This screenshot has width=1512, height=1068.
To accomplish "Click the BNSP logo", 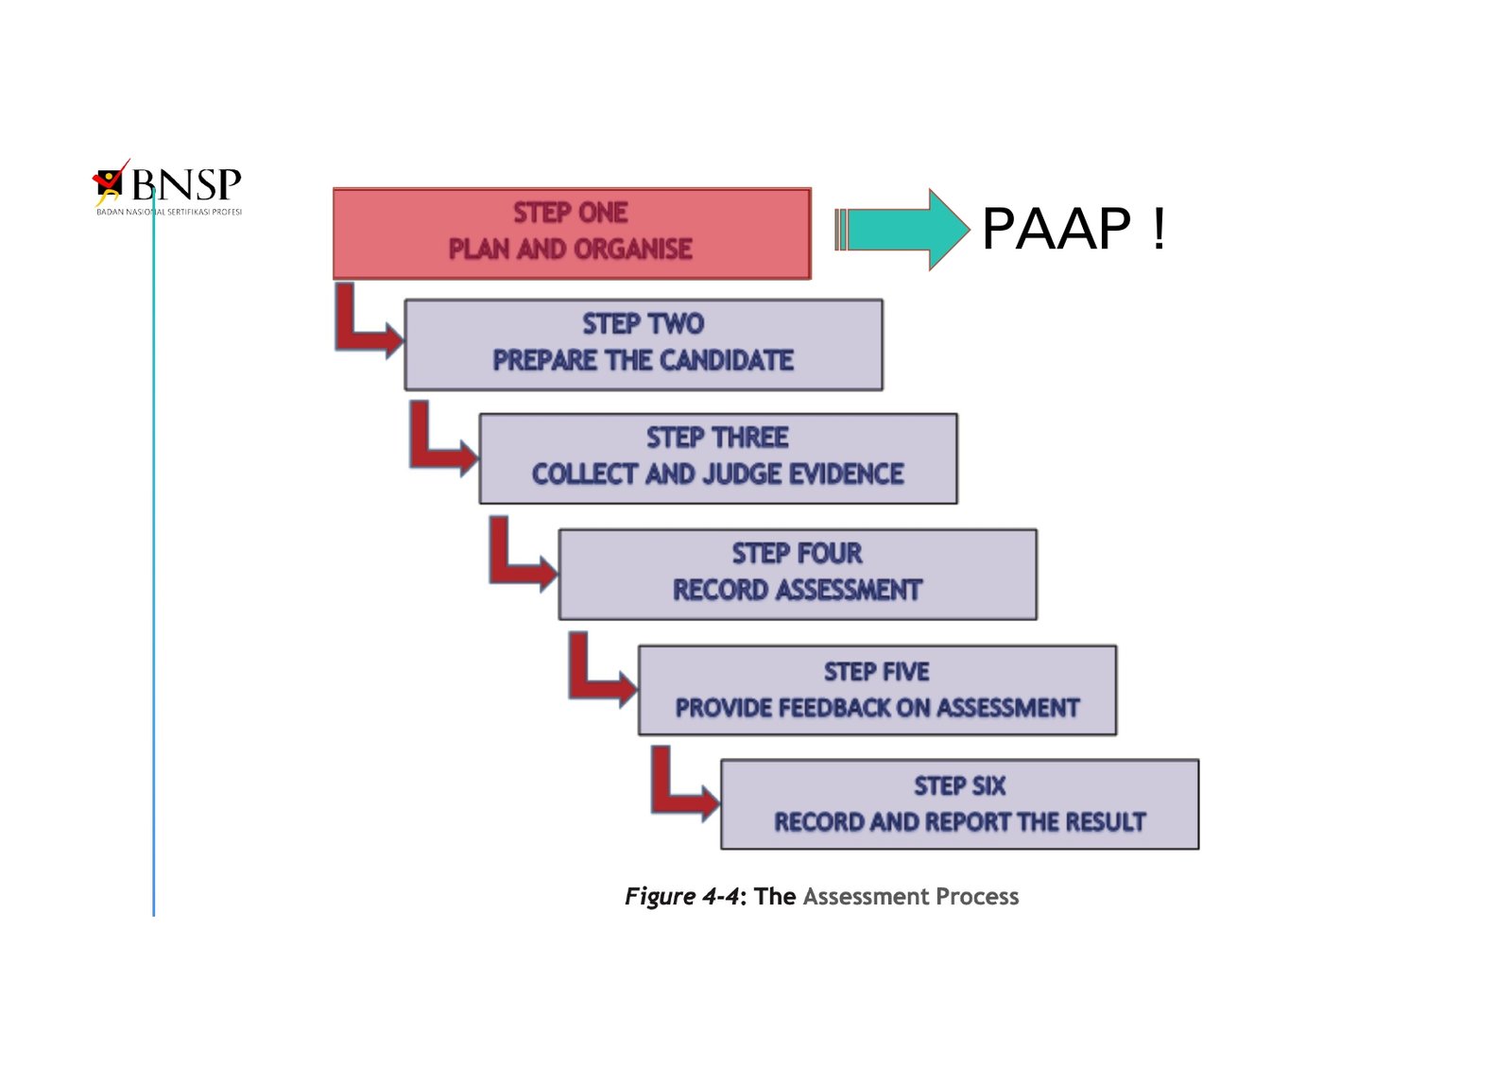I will (167, 187).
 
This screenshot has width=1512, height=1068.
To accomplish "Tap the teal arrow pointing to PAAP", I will (902, 230).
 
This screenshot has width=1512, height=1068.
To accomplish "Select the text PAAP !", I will (1074, 229).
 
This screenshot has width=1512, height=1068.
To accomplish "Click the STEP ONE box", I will (572, 233).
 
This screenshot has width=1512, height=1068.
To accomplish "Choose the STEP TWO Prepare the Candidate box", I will (644, 344).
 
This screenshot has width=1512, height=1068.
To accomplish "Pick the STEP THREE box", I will (718, 458).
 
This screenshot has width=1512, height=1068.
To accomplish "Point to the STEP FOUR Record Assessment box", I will (798, 574).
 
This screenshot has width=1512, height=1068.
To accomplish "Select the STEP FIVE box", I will (877, 690).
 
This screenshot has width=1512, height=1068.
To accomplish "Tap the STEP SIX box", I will (959, 804).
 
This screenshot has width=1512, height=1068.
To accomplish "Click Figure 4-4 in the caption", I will (681, 896).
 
